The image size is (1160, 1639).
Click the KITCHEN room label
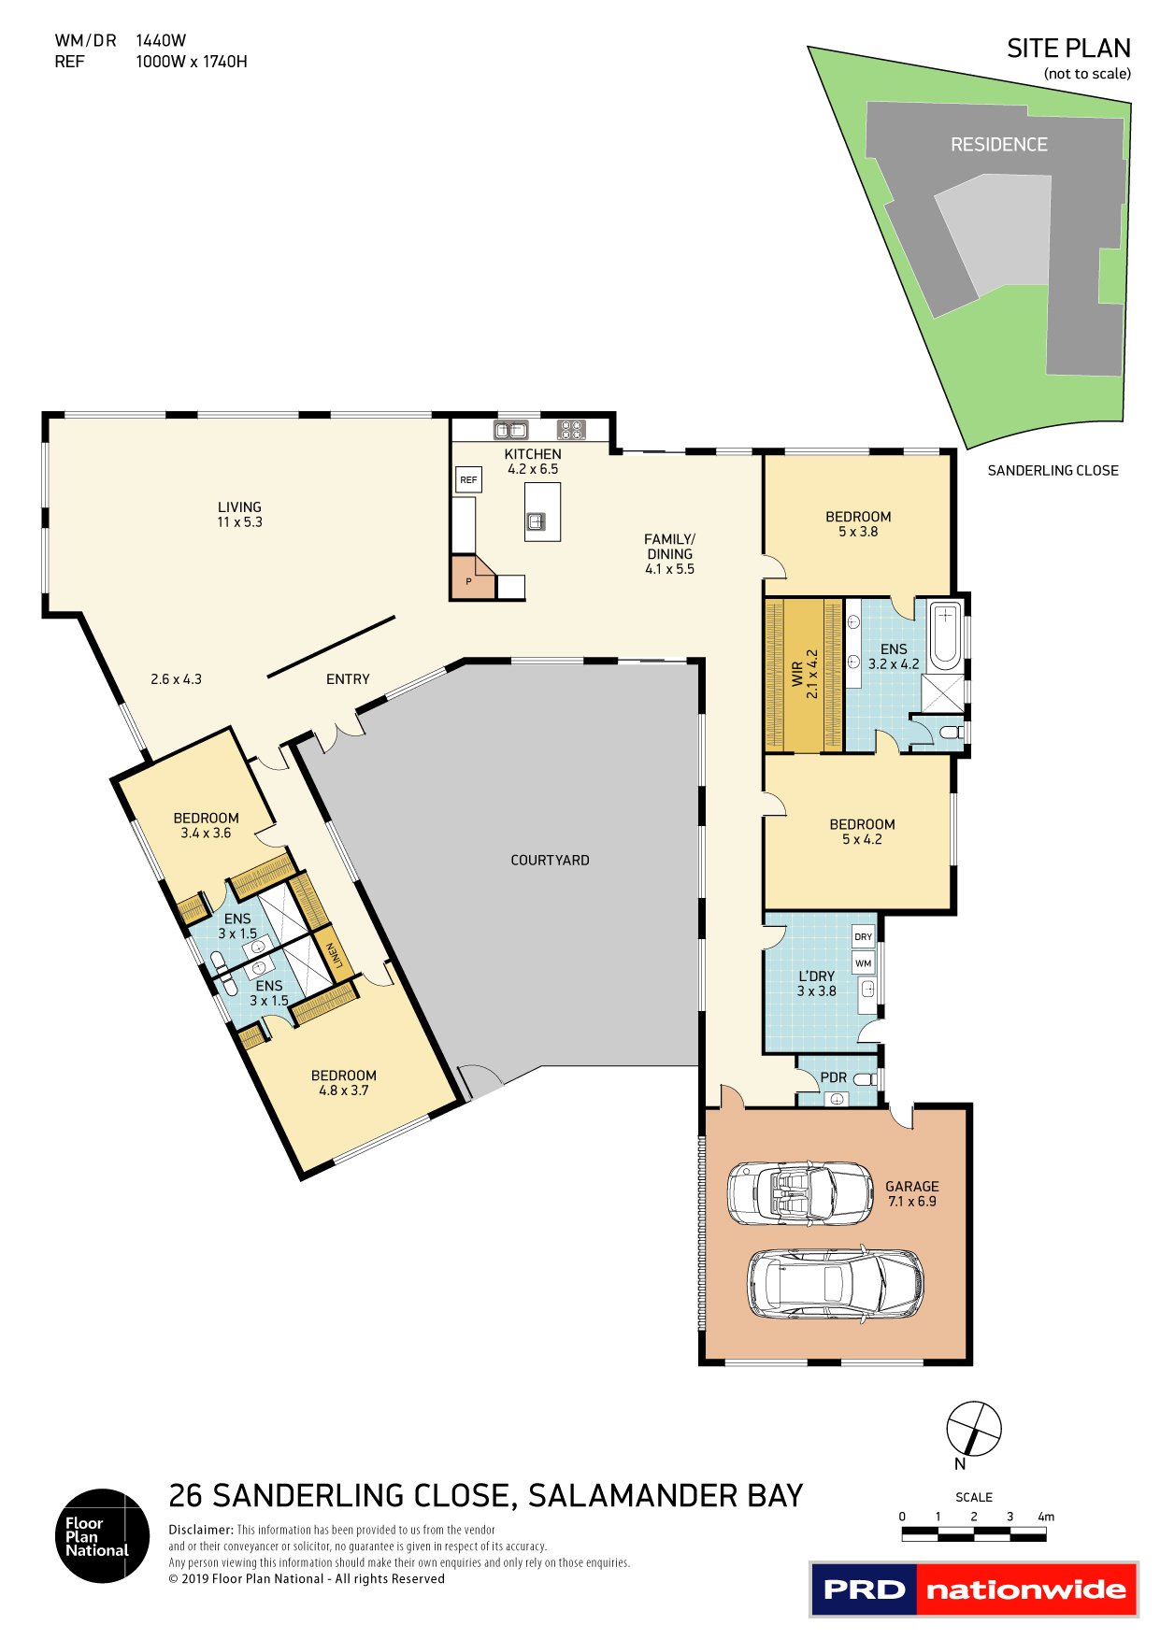pos(533,454)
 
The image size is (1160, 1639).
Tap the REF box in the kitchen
pos(468,480)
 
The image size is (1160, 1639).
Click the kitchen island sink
pos(537,522)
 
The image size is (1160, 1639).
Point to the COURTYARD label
pos(550,860)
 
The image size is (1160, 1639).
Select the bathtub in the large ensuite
pos(946,634)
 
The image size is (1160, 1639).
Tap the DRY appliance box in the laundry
pos(863,936)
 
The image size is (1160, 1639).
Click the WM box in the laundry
pos(863,962)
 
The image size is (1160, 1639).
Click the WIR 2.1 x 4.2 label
pos(805,675)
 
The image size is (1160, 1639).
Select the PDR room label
pos(833,1077)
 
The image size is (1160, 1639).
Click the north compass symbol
pos(973,1429)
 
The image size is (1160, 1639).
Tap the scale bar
pos(973,1534)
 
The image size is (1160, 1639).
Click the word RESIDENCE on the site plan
pos(998,145)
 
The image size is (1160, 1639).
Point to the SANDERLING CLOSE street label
pos(1053,471)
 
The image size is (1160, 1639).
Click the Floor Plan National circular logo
pos(102,1535)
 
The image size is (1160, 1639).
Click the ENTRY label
pos(348,679)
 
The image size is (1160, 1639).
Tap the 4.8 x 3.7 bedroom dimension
pos(344,1090)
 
